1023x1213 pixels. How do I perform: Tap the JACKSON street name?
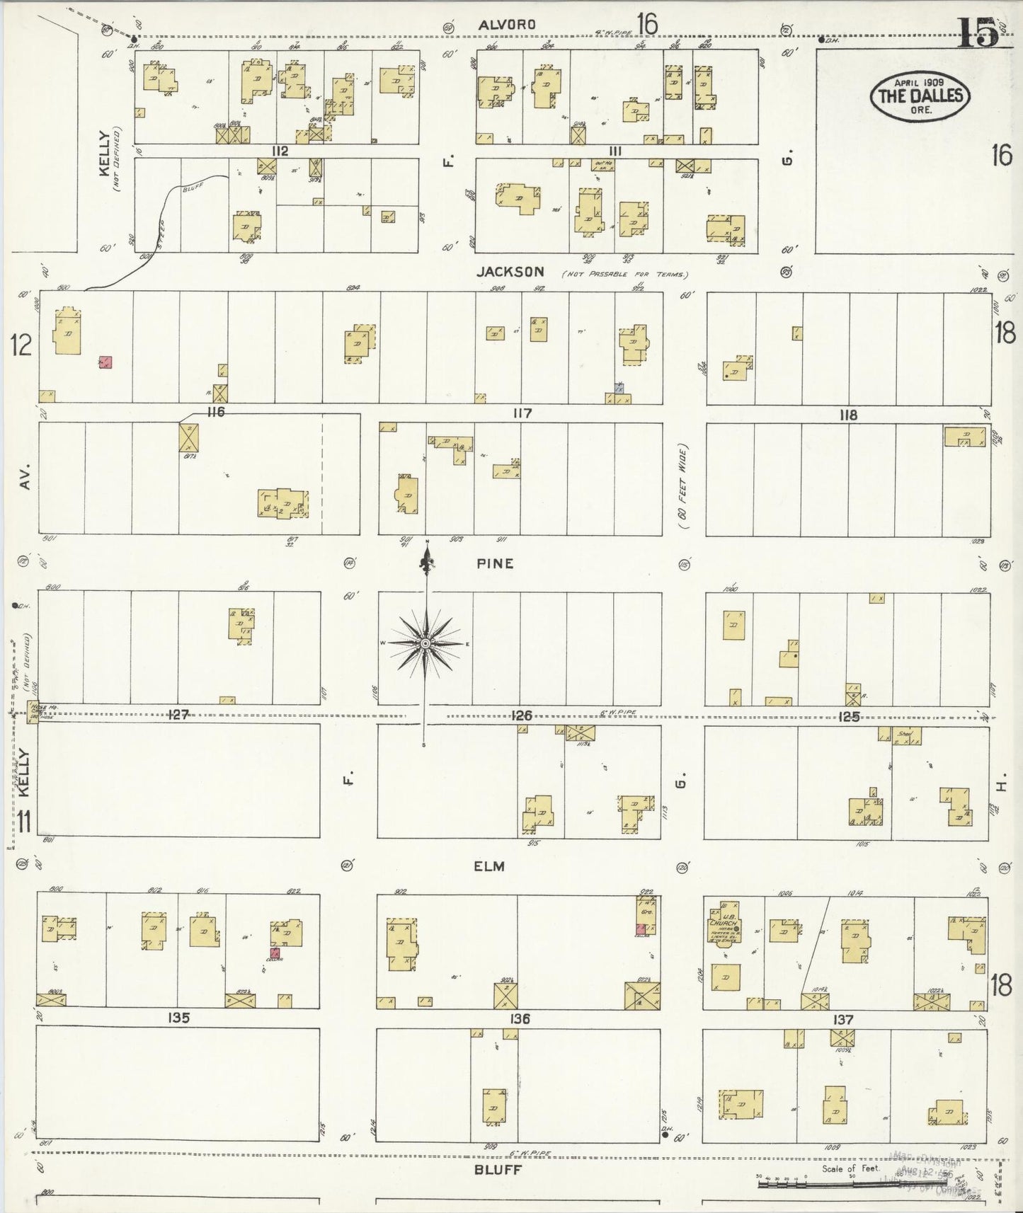coord(510,271)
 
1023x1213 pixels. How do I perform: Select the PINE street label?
coord(495,564)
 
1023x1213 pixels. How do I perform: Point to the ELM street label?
coord(490,866)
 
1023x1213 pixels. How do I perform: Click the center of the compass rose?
coord(425,643)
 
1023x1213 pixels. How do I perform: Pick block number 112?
coord(280,151)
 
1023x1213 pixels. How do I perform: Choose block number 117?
coord(522,413)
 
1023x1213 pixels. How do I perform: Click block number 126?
coord(522,715)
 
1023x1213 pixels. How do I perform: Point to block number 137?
coord(843,1019)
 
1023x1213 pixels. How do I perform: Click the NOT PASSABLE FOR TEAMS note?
coord(624,274)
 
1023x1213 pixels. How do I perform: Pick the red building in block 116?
coord(105,362)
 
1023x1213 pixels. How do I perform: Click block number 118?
coord(847,415)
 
